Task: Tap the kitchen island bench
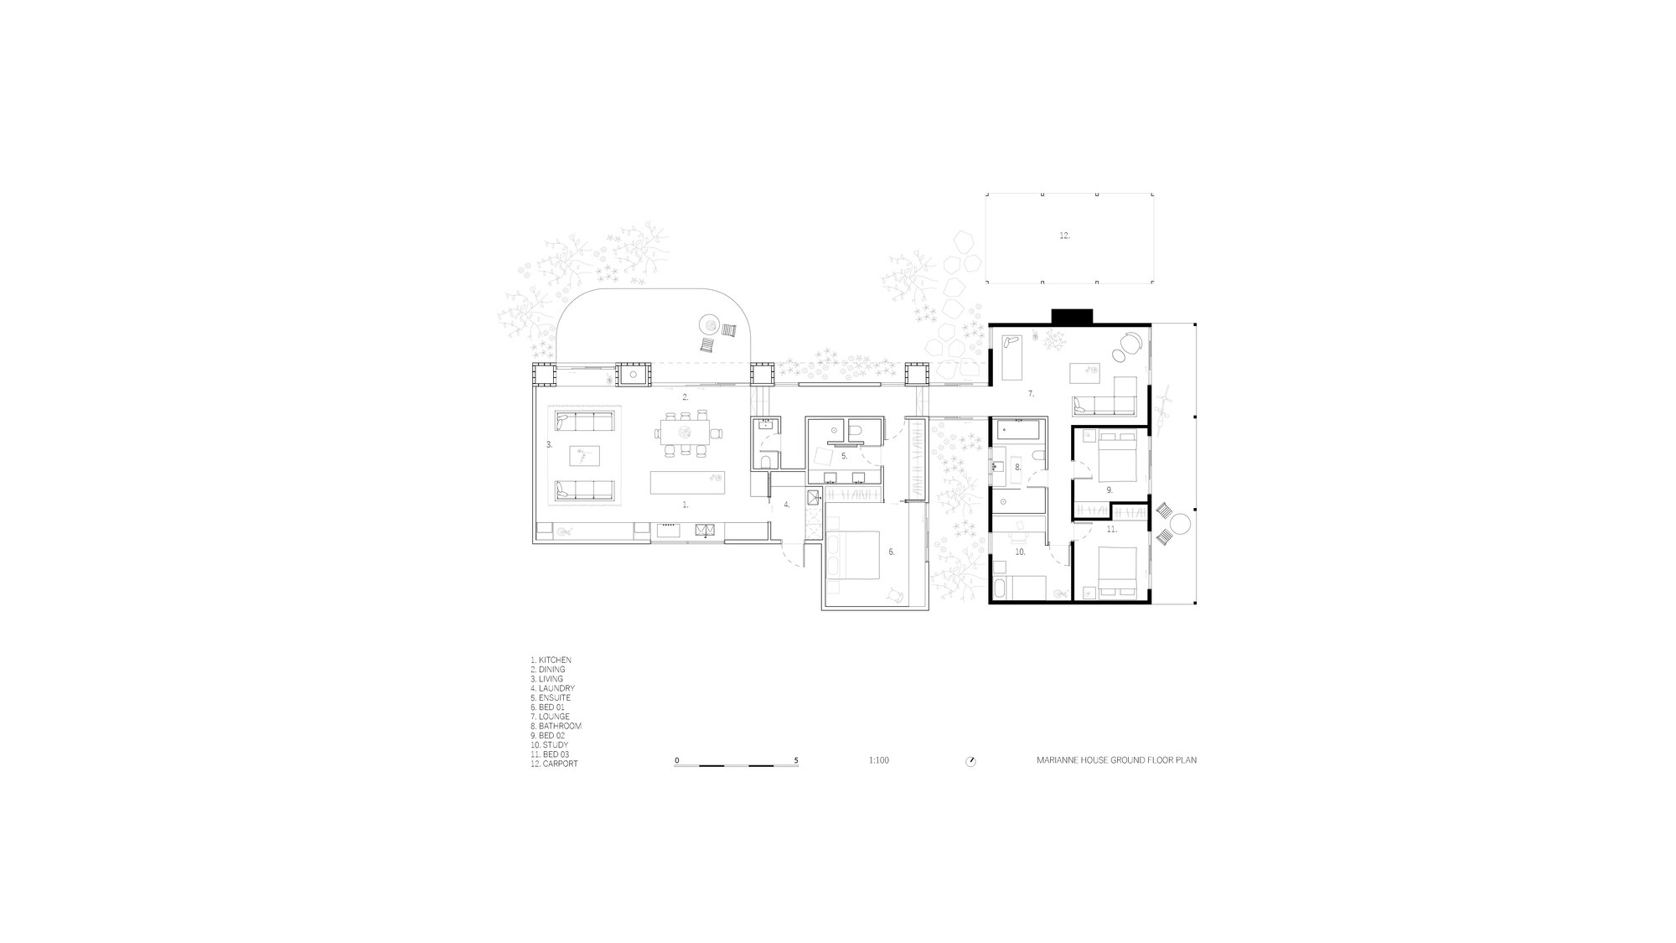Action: click(687, 483)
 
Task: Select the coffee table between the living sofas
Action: click(584, 455)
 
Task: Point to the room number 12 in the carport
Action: click(1064, 236)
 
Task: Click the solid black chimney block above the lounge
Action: click(1073, 316)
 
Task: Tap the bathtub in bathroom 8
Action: click(1018, 432)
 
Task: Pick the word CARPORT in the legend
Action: click(561, 764)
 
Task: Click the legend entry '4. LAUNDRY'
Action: click(552, 688)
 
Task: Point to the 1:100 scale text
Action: click(879, 761)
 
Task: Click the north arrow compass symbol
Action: click(970, 761)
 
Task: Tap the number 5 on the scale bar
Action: click(796, 760)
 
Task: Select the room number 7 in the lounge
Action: click(1031, 393)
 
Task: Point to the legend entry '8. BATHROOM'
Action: click(556, 726)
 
